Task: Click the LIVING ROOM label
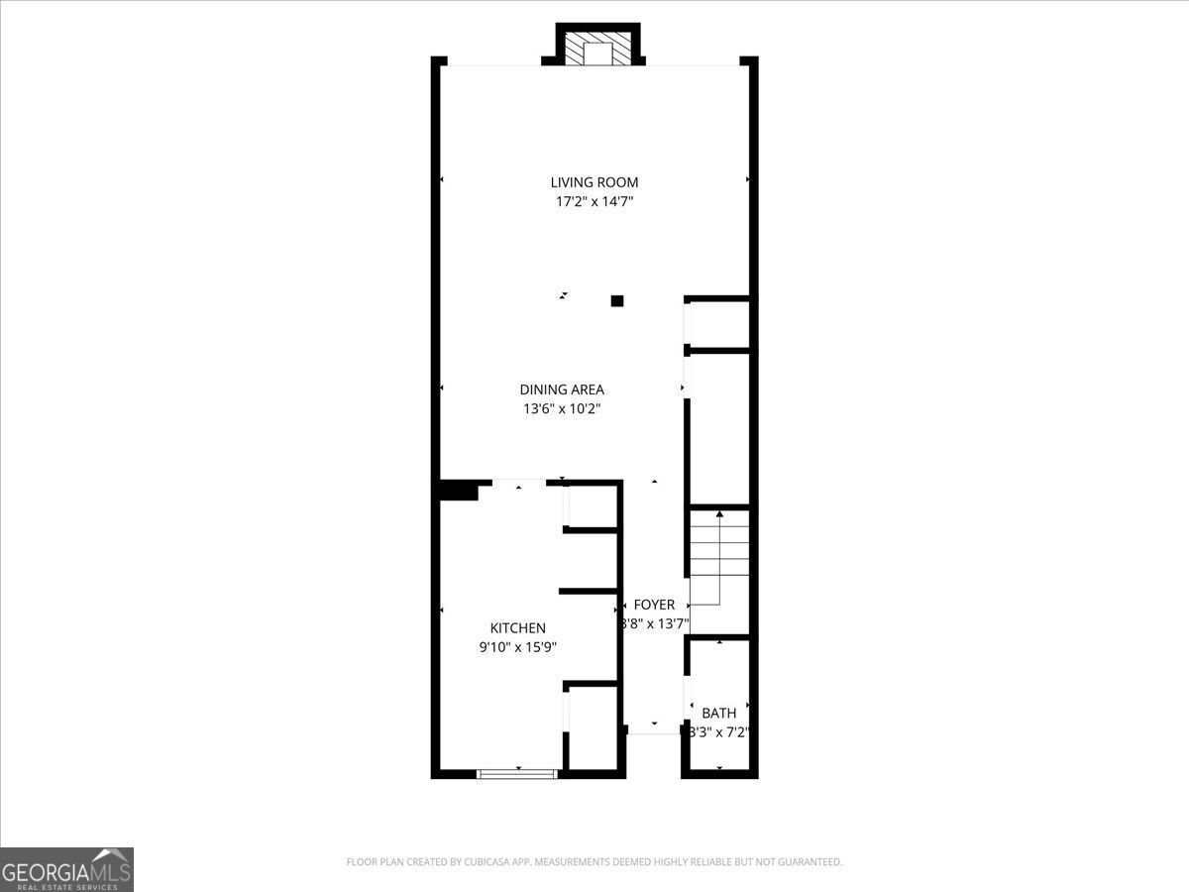tap(594, 182)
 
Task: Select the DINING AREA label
tap(562, 390)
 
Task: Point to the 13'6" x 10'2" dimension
tap(562, 408)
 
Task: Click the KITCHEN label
tap(518, 628)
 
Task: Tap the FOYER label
tap(654, 605)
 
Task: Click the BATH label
tap(719, 713)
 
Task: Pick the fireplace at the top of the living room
tap(597, 50)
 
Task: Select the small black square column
tap(617, 300)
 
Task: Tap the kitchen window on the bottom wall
tap(517, 773)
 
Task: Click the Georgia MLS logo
tap(66, 869)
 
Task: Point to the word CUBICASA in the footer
tap(492, 862)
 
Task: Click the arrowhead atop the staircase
tap(719, 514)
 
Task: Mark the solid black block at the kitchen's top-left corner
tap(459, 491)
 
